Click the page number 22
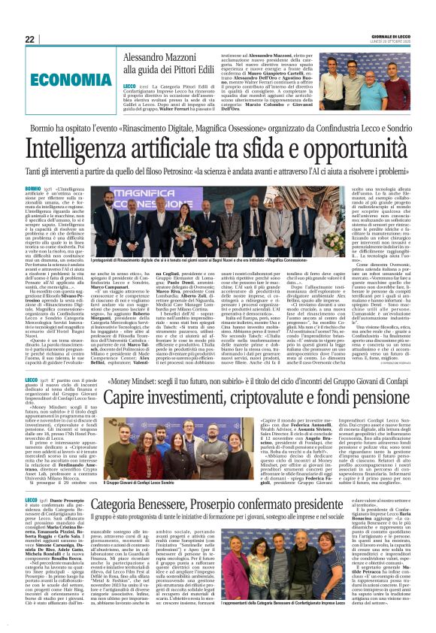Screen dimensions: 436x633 pos(29,40)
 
